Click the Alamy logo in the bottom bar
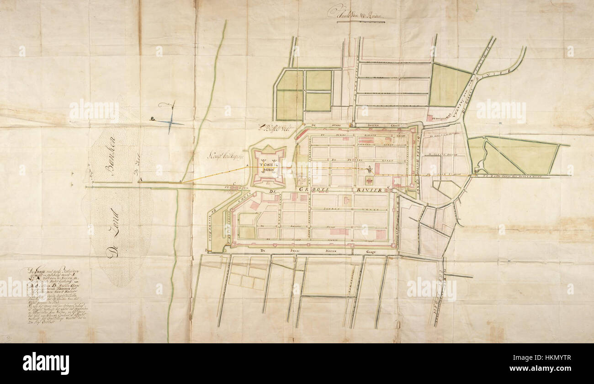point(46,363)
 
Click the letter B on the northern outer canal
point(351,124)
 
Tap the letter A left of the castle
point(247,166)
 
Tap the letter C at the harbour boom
point(234,184)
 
